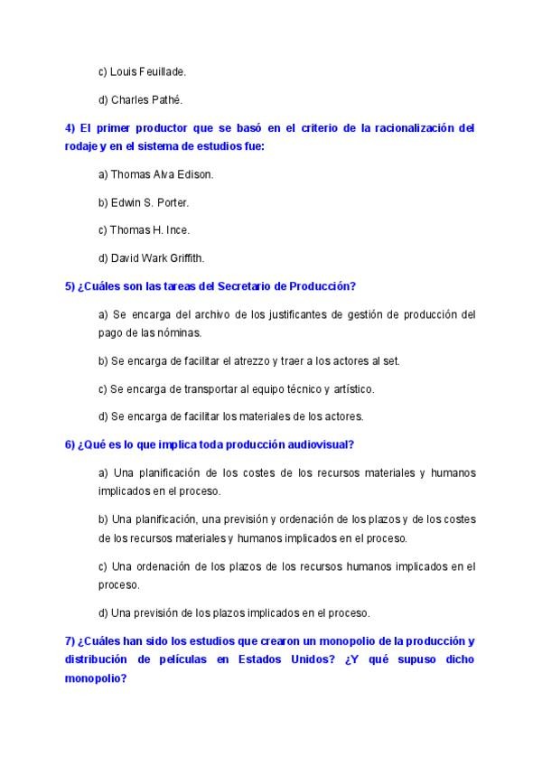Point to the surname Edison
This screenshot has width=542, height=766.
[192, 173]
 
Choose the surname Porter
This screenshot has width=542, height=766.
[170, 201]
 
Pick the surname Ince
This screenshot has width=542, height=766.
[177, 229]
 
